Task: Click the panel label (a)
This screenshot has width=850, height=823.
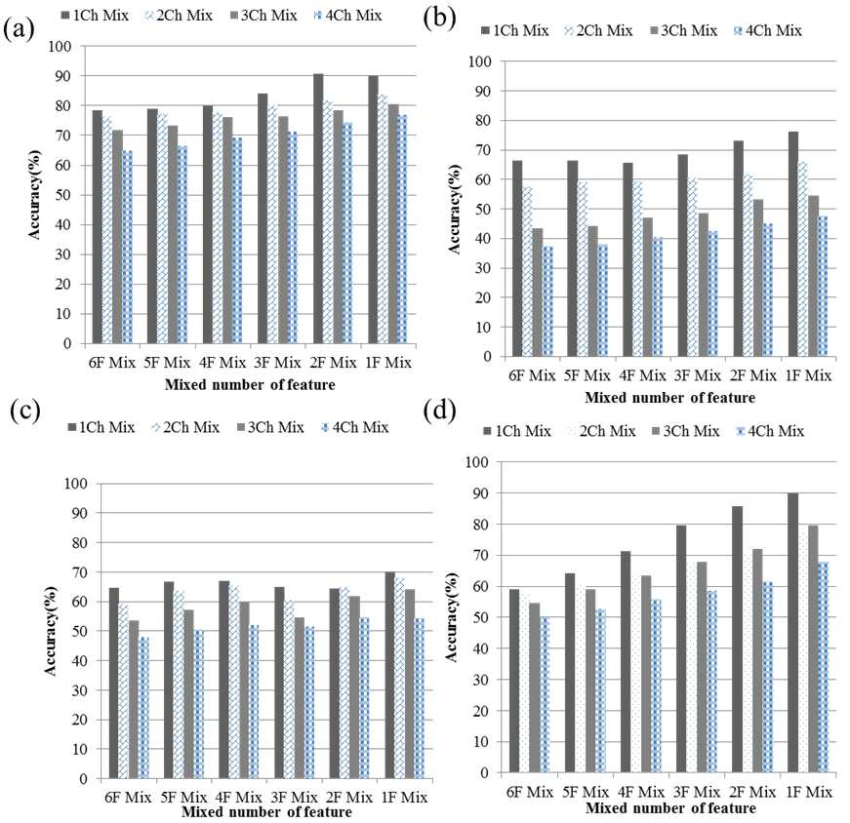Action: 19,28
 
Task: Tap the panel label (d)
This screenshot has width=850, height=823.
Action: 439,411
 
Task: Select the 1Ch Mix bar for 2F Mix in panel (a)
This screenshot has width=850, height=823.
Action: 318,209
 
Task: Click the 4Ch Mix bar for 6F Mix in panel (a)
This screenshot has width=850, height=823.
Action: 128,247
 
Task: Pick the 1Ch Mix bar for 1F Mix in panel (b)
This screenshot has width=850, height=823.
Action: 793,244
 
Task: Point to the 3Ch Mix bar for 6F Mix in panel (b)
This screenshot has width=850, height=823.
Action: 538,293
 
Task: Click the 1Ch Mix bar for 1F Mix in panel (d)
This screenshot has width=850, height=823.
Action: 792,633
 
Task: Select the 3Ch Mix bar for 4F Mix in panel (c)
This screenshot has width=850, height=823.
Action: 245,690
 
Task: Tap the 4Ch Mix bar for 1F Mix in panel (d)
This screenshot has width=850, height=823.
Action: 824,667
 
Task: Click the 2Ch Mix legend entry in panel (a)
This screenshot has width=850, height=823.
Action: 179,16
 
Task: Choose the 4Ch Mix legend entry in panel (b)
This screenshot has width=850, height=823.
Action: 768,31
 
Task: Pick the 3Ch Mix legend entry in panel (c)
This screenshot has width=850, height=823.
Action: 270,427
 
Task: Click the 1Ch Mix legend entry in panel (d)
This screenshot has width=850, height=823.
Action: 517,431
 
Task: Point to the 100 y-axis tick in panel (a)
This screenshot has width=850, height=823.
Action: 60,47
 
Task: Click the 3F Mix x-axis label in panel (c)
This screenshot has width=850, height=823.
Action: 294,797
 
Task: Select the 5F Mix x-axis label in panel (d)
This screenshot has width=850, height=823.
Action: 586,792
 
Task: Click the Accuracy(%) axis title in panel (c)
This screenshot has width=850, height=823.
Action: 51,631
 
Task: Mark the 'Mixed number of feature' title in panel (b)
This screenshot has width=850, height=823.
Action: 670,398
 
